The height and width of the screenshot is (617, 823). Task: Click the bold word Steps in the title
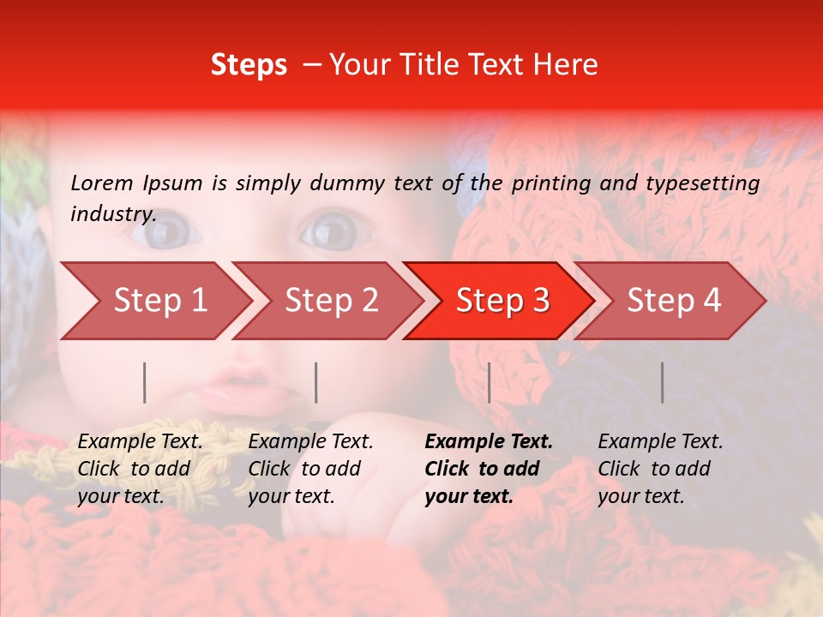click(249, 65)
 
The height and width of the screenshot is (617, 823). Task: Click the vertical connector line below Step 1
click(145, 382)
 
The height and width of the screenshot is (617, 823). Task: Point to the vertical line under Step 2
click(316, 382)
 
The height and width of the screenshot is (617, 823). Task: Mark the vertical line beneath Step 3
click(489, 382)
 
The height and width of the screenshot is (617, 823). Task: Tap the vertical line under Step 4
click(662, 382)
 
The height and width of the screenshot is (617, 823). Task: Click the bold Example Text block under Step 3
click(489, 469)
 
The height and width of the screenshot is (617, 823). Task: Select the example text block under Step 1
click(140, 469)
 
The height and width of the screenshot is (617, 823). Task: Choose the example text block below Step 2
click(310, 469)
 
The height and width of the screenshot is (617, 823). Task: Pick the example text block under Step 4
click(660, 469)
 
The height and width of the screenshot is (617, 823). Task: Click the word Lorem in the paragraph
click(102, 183)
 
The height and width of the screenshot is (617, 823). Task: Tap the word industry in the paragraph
click(112, 213)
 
